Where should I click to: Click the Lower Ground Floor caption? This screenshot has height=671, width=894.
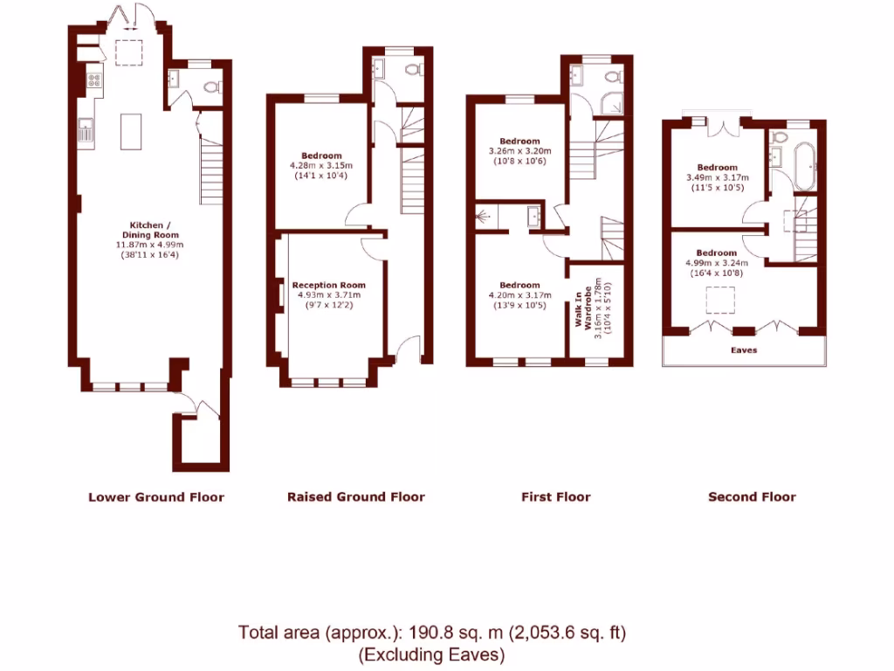(156, 497)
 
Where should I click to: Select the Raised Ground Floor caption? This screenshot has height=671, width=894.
(355, 497)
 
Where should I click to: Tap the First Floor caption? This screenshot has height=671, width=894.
(555, 497)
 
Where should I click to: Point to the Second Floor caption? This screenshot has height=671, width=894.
(752, 497)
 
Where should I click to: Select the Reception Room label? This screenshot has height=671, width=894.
(328, 285)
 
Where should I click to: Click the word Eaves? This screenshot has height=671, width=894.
(744, 350)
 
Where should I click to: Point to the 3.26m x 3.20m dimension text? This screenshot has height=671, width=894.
(519, 150)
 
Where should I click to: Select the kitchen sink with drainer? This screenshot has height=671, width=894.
(86, 133)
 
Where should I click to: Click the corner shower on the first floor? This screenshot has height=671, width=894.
(614, 103)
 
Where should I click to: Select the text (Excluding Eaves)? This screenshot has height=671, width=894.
(432, 654)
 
